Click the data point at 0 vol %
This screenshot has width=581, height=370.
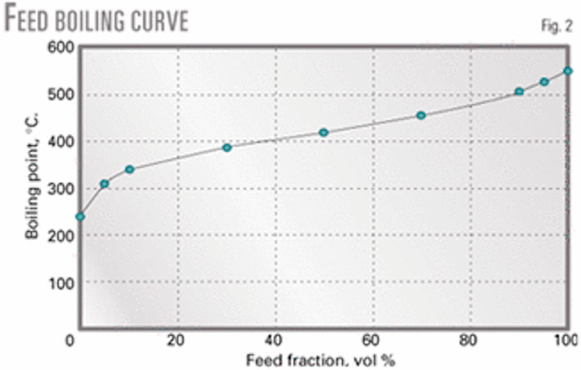click(x=80, y=217)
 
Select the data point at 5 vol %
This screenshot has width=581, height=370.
click(x=104, y=184)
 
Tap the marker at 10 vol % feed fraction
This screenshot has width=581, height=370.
click(x=129, y=170)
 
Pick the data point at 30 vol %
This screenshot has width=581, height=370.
click(x=227, y=147)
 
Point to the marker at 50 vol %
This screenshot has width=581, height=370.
click(x=323, y=132)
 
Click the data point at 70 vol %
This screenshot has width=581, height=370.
click(x=420, y=115)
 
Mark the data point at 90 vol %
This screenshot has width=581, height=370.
click(x=518, y=92)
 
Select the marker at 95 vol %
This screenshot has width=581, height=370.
click(x=544, y=82)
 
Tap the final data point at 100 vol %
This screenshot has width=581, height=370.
click(x=567, y=71)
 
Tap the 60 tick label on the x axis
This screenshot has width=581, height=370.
click(x=371, y=342)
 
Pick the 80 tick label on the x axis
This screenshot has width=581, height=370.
click(x=468, y=342)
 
